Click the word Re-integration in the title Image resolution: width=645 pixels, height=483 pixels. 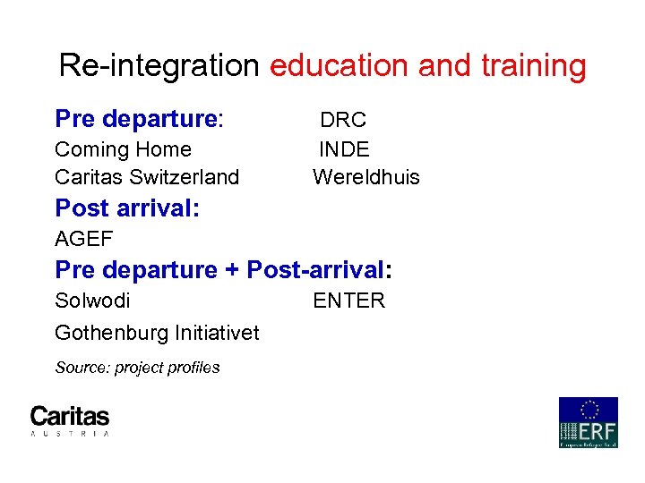tap(158, 66)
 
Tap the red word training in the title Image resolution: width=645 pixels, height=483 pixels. tap(533, 66)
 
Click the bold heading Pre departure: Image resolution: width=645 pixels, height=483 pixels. tap(139, 119)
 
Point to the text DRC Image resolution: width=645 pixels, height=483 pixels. tap(343, 120)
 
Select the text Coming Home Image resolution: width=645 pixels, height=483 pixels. tap(123, 149)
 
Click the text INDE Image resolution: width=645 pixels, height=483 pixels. tap(344, 149)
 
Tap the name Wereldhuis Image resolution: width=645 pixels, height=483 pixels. tap(365, 177)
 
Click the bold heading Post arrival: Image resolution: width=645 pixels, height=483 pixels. tap(127, 208)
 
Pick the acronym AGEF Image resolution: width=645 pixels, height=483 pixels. tap(83, 239)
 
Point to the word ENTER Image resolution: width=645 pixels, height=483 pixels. tap(348, 301)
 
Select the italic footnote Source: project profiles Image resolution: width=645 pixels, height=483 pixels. tap(137, 368)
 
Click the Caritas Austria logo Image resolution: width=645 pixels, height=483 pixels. tap(70, 420)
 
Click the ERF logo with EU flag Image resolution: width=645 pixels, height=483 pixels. tap(588, 422)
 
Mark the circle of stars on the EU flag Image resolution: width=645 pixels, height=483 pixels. tap(589, 409)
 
